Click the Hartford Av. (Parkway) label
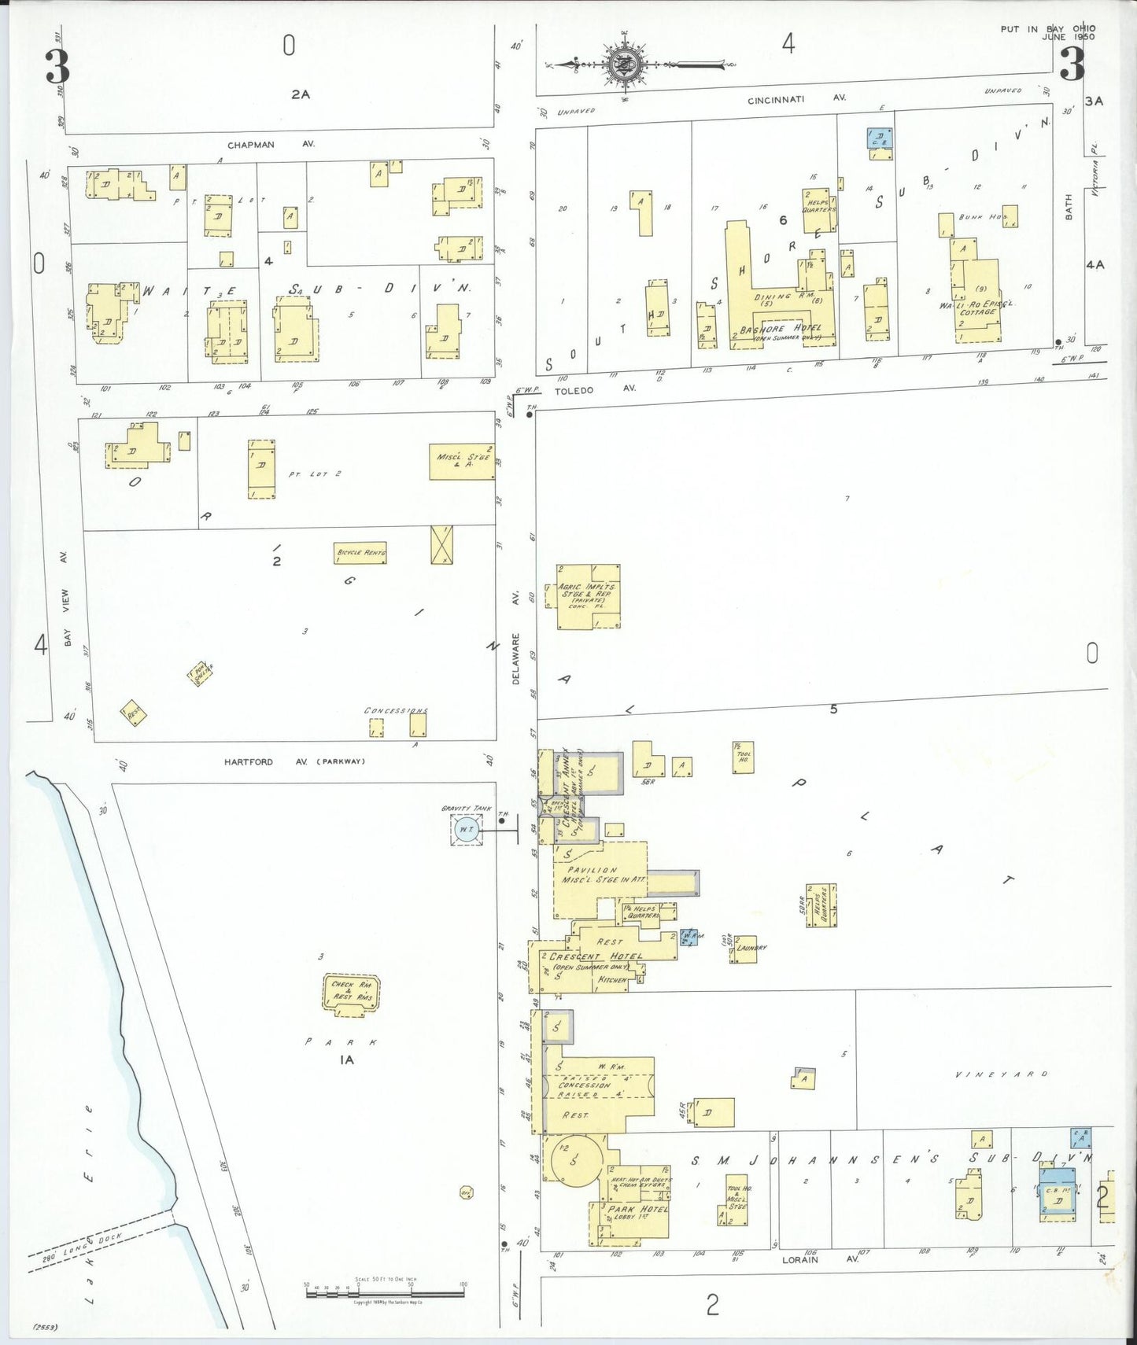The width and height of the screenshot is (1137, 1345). click(294, 761)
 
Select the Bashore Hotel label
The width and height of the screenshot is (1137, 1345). click(780, 329)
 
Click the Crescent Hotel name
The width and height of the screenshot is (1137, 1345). click(595, 956)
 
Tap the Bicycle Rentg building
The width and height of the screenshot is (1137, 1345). click(360, 553)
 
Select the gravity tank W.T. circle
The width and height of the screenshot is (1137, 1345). click(467, 830)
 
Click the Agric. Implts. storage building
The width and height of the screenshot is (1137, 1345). click(587, 596)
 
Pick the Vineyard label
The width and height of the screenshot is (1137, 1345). click(1001, 1074)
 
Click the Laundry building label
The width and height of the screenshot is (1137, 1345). click(751, 948)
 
